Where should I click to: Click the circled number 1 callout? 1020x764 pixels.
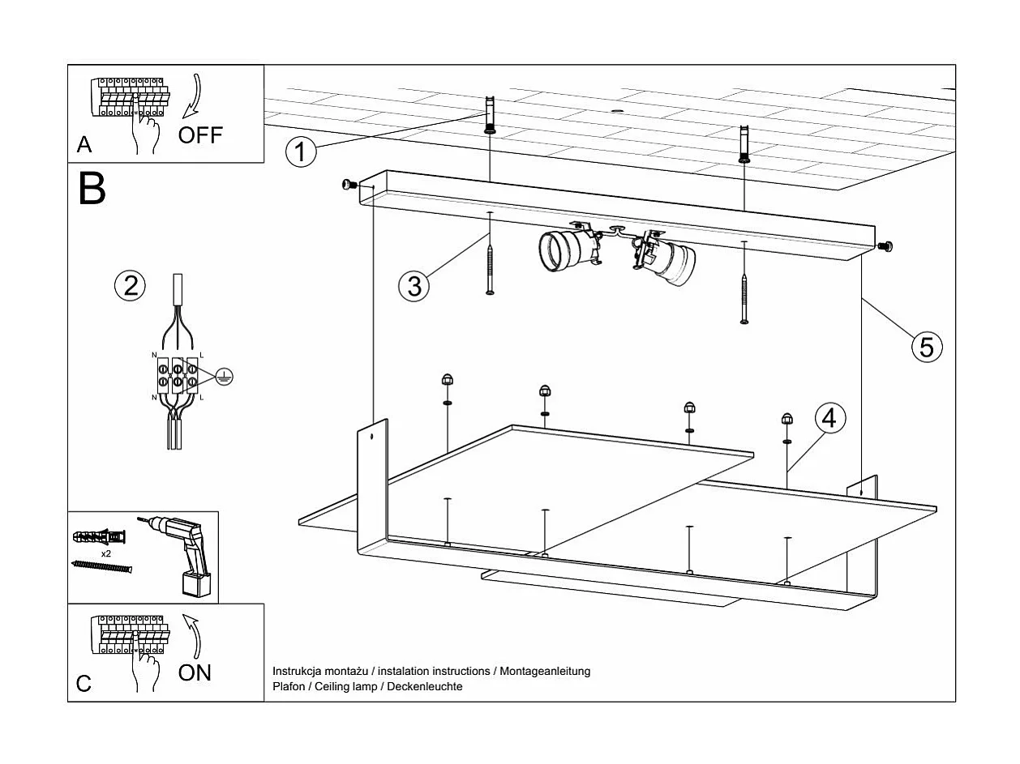(x=301, y=152)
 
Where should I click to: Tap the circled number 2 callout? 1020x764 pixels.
(x=130, y=285)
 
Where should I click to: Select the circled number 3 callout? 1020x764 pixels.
(x=414, y=286)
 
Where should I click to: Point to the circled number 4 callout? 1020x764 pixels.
(x=830, y=419)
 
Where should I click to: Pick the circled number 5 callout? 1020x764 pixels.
(x=927, y=348)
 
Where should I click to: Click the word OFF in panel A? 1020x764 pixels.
(x=200, y=135)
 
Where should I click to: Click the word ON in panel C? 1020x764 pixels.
(x=195, y=672)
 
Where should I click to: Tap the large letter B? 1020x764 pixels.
(x=92, y=188)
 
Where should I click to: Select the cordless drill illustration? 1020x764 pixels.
(x=180, y=556)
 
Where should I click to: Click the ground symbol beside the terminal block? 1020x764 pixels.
(x=225, y=377)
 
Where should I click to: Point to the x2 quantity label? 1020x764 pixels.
(x=106, y=553)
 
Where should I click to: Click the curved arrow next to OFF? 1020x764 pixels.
(x=193, y=96)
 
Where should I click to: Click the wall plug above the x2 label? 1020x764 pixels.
(x=100, y=537)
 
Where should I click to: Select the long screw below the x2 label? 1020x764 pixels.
(x=102, y=566)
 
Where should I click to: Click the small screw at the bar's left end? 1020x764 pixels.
(x=349, y=186)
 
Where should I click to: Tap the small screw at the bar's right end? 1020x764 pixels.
(x=885, y=246)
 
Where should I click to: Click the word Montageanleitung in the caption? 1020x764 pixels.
(x=545, y=671)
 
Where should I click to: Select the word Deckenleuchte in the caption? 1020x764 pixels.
(x=425, y=686)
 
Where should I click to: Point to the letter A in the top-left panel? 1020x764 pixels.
(x=84, y=145)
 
